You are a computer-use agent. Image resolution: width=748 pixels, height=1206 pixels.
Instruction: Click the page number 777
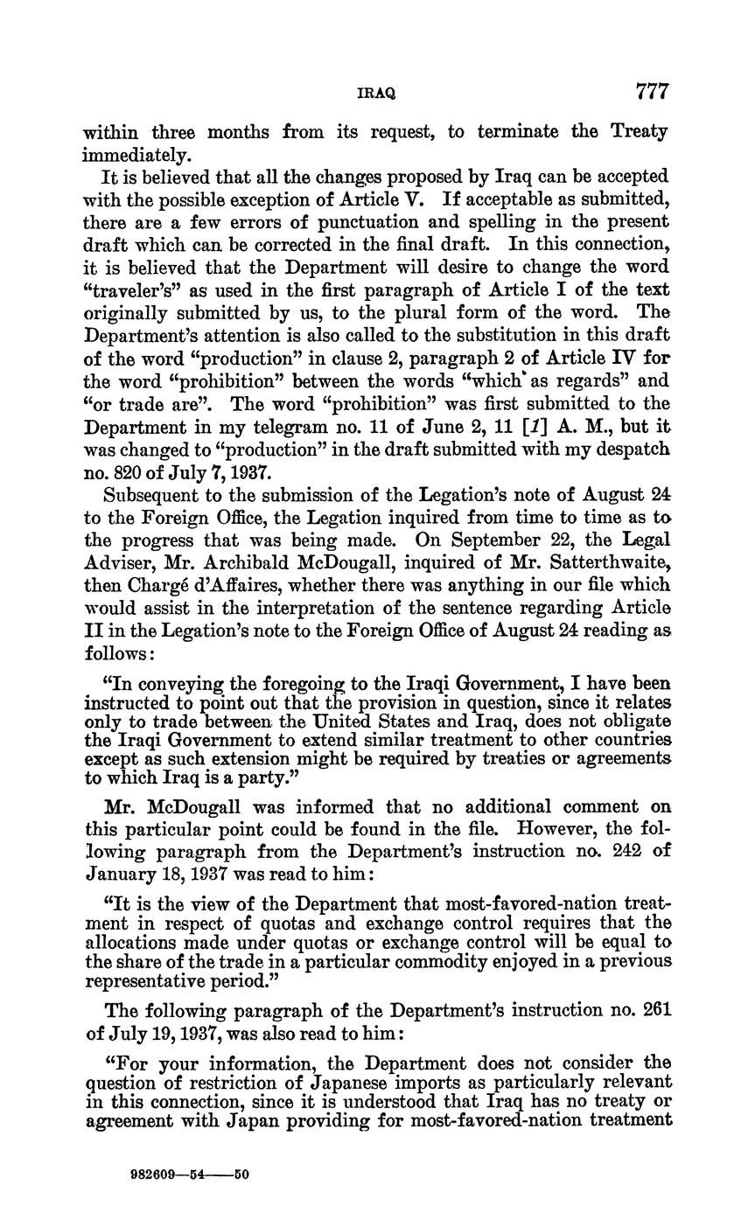pyautogui.click(x=652, y=91)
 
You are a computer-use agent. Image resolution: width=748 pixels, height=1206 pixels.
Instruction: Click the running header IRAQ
pyautogui.click(x=375, y=92)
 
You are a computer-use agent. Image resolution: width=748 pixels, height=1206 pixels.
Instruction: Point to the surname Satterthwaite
pyautogui.click(x=613, y=561)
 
